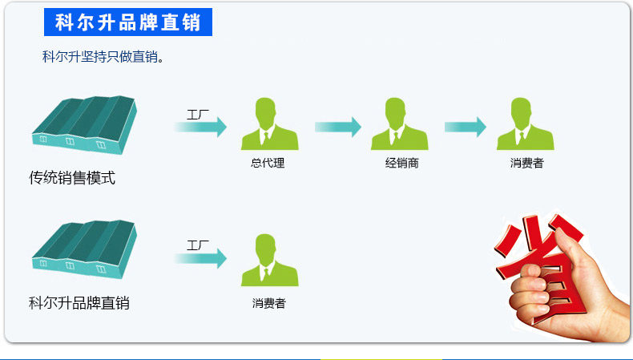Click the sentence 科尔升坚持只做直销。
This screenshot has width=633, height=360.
103,58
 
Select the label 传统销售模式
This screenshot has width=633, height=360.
72,178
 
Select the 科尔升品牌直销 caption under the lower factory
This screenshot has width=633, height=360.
79,303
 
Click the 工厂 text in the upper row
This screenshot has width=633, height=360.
198,113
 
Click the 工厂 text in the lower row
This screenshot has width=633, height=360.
198,245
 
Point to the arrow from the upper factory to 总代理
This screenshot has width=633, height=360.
201,127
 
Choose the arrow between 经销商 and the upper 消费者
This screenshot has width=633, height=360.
466,127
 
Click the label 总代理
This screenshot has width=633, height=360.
268,164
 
